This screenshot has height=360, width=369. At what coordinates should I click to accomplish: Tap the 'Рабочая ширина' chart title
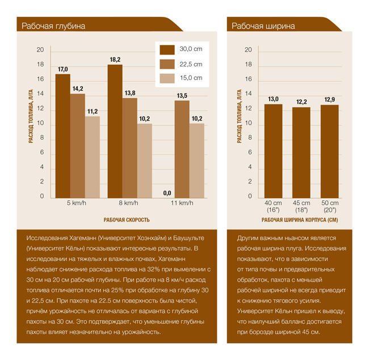click(263, 26)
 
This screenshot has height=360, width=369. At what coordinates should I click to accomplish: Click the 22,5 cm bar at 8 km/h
click(129, 147)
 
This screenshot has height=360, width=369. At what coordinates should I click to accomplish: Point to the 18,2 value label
click(115, 59)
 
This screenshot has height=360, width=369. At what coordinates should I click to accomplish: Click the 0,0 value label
click(167, 193)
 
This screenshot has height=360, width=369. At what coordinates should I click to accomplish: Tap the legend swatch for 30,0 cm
click(167, 49)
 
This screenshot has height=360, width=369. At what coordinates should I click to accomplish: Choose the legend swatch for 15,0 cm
click(167, 78)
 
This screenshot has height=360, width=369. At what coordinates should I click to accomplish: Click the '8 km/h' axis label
click(129, 203)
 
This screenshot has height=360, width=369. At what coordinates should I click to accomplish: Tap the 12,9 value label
click(329, 99)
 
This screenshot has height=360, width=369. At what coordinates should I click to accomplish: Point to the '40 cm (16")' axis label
click(273, 207)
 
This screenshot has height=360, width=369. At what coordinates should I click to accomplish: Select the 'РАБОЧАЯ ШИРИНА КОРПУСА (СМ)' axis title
click(300, 219)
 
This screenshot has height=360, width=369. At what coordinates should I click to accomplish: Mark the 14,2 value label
click(78, 89)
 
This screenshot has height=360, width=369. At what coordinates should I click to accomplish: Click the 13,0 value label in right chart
click(273, 99)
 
